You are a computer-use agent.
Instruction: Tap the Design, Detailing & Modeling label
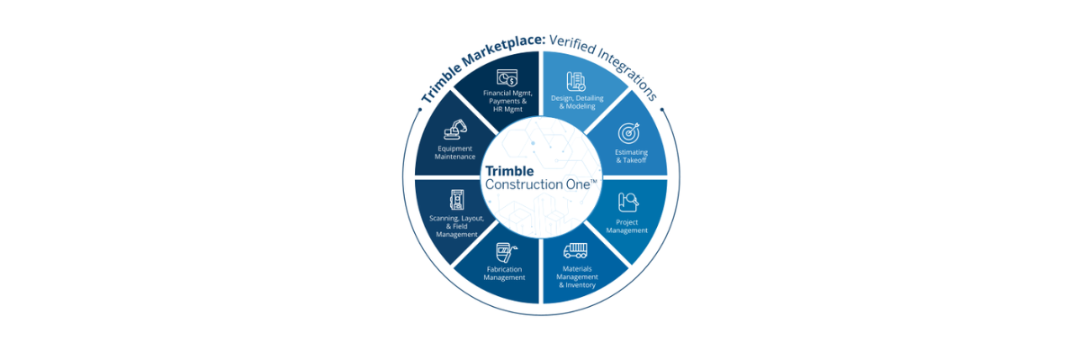pos(585,102)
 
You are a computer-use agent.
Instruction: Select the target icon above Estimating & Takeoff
pos(628,132)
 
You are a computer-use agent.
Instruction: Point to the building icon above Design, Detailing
pos(576,80)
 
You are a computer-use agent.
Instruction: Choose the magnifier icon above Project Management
pos(628,202)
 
